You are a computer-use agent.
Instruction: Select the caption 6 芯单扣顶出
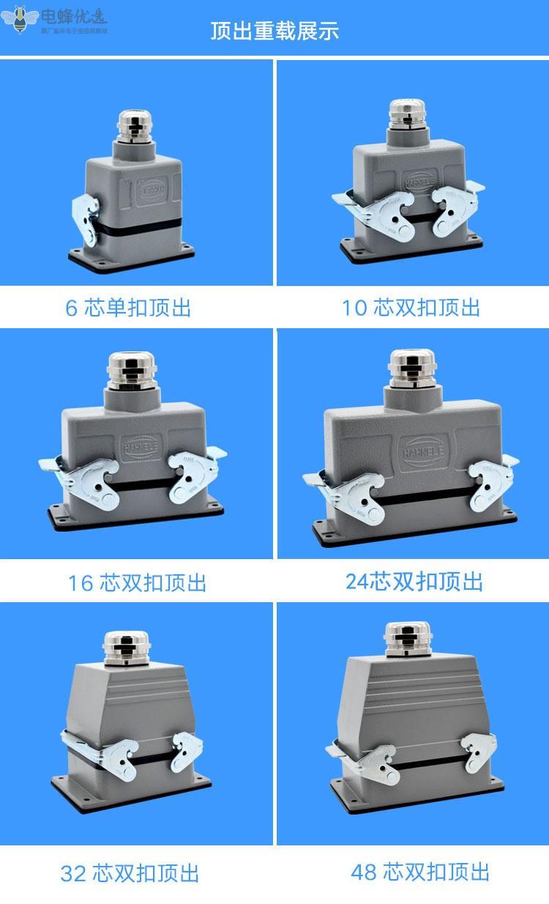tap(128, 308)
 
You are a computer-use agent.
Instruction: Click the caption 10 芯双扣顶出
tap(411, 308)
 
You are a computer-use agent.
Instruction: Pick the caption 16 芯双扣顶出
tap(138, 583)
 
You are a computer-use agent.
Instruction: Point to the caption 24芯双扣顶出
tap(414, 582)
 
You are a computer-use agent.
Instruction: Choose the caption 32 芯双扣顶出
tap(130, 873)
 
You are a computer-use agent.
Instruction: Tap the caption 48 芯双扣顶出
tap(420, 872)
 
